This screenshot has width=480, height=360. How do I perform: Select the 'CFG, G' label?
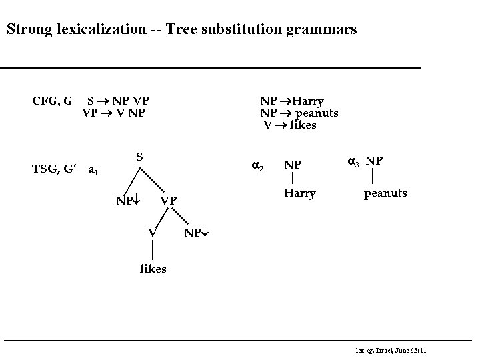click(x=53, y=101)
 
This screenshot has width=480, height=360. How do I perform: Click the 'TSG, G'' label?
click(x=57, y=169)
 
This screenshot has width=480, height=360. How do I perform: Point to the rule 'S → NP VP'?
click(x=119, y=101)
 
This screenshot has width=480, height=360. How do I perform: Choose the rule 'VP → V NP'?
click(x=113, y=113)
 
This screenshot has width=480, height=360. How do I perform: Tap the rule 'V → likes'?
click(x=290, y=125)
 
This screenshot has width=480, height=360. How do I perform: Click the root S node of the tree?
click(x=140, y=157)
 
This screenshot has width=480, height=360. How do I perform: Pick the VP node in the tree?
click(x=169, y=200)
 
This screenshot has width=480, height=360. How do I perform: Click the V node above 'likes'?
click(x=153, y=232)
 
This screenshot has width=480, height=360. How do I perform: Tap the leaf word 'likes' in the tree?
click(x=153, y=269)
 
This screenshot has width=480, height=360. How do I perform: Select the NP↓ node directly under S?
click(x=125, y=199)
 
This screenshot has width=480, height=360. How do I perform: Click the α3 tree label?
click(x=354, y=161)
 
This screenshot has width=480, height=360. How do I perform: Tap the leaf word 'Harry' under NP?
click(x=300, y=193)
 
